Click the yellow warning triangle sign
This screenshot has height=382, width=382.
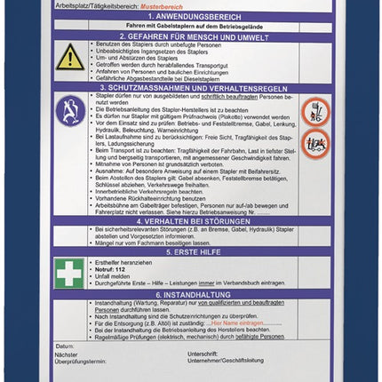pos(70,59)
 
